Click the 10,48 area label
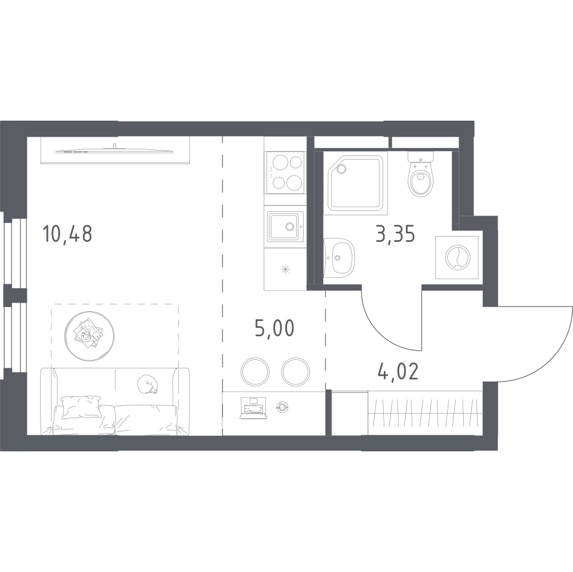[x=67, y=235]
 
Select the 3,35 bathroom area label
[x=395, y=235]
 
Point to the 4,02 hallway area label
[x=399, y=371]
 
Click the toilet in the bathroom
[x=421, y=174]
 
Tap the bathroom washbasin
[x=340, y=257]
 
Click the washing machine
[x=457, y=257]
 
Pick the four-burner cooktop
[x=285, y=172]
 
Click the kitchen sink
[x=285, y=227]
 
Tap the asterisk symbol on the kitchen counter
[x=285, y=270]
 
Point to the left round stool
[x=255, y=372]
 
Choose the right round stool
[x=296, y=372]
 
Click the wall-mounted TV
[x=115, y=149]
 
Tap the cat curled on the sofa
[x=148, y=384]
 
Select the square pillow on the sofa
[x=82, y=407]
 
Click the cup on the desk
[x=282, y=407]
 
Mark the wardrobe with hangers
[x=425, y=412]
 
